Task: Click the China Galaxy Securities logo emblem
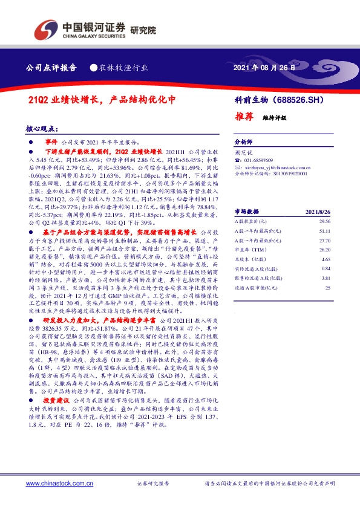pos(46,28)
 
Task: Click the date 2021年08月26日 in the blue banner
pos(264,68)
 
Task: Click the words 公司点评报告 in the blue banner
pos(52,68)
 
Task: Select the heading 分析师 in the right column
pos(243,138)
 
